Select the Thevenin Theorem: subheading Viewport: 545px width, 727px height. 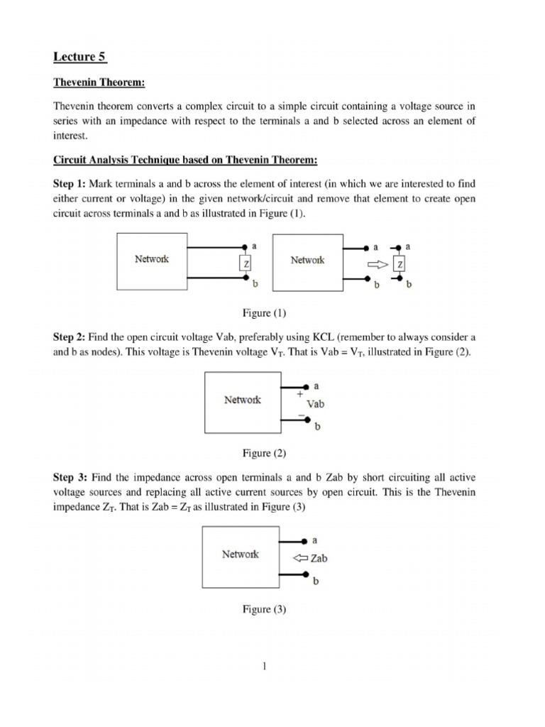[x=99, y=83]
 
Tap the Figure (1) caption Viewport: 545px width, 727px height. [x=263, y=312]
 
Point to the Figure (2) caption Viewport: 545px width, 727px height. [x=264, y=452]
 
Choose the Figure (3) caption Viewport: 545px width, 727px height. [x=264, y=608]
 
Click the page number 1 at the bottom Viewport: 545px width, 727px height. [x=263, y=667]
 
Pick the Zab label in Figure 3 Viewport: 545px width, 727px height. [x=319, y=559]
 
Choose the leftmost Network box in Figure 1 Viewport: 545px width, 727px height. [x=151, y=261]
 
